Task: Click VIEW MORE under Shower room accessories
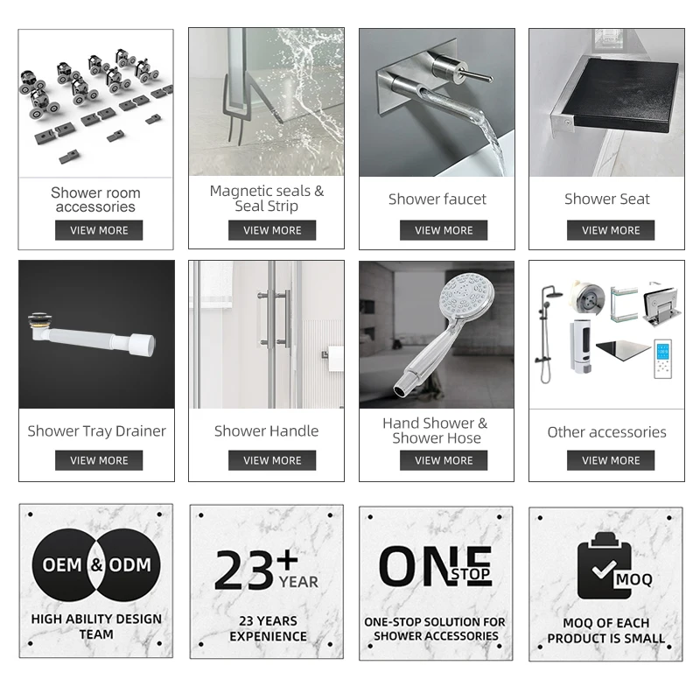point(99,230)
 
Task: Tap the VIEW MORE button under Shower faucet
point(444,230)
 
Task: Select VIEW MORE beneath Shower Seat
point(611,230)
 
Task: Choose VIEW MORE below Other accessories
point(611,460)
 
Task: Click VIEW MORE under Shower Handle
point(272,460)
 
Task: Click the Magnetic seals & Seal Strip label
point(267,199)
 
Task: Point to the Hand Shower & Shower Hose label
point(436,430)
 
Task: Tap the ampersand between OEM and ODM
point(96,565)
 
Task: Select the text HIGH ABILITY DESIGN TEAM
point(96,626)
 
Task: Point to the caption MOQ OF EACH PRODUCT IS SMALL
point(606,631)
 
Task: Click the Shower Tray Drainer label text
point(96,430)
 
